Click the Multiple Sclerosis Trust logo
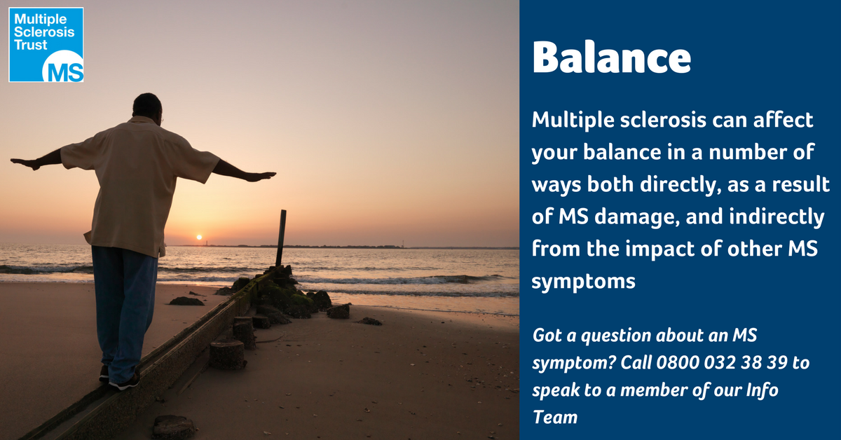(x=46, y=45)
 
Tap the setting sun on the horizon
(x=198, y=238)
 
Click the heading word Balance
(x=611, y=59)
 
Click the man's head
(x=146, y=107)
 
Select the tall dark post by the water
(x=281, y=238)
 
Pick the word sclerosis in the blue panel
(x=645, y=121)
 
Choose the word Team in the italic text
(x=555, y=418)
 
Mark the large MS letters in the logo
(x=62, y=69)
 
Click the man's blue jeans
(x=124, y=308)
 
